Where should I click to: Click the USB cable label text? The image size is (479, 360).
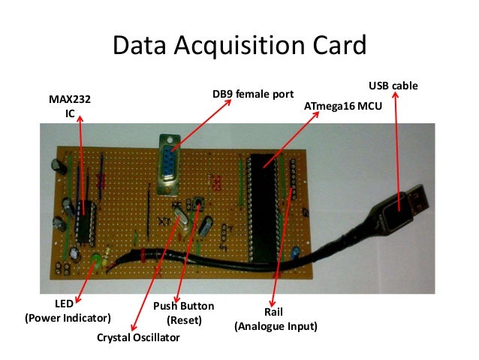[x=395, y=87]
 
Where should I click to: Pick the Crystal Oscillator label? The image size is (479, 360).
[x=139, y=338]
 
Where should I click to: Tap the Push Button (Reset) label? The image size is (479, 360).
[x=183, y=313]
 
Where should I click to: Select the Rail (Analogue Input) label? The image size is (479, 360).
[x=276, y=319]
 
